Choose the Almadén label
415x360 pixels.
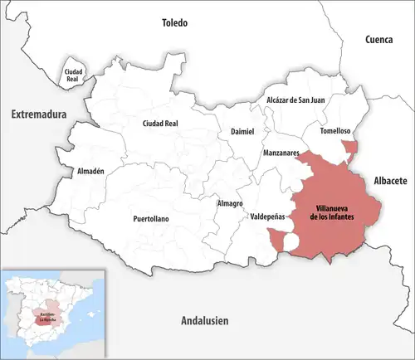[x=90, y=171]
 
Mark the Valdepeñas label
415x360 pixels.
[x=267, y=216]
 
